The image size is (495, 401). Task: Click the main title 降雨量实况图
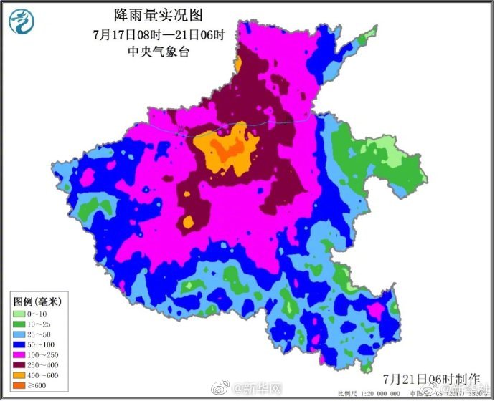click(148, 14)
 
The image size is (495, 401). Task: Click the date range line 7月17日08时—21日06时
click(148, 34)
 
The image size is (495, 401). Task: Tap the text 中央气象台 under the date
click(148, 52)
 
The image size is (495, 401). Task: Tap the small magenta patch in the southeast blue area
click(375, 309)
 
